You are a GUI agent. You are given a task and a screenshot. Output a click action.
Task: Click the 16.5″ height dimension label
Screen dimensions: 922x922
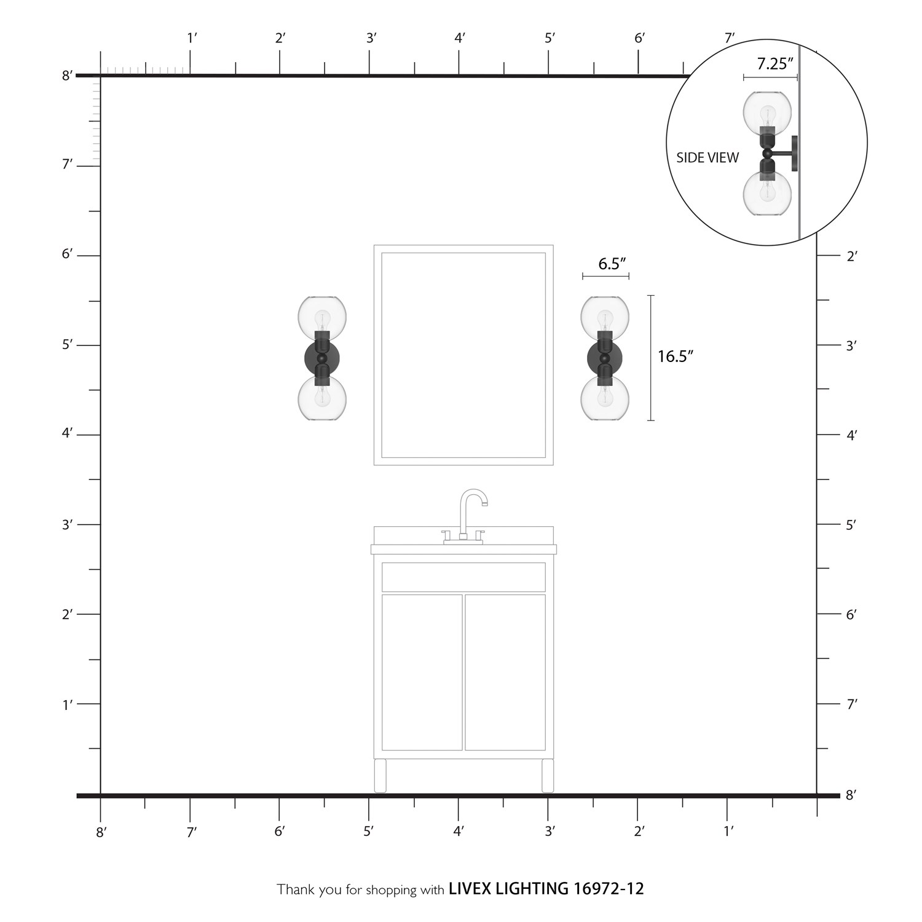pos(676,357)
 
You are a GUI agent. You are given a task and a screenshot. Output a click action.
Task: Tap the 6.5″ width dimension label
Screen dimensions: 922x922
pos(612,264)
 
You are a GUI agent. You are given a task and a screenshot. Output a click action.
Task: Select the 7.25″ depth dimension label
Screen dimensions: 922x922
pos(775,63)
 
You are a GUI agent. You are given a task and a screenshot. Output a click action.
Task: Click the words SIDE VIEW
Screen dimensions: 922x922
pos(707,158)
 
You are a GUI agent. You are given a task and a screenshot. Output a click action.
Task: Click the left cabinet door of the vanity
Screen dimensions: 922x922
pos(422,672)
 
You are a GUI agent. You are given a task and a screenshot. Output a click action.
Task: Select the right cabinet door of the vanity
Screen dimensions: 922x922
pos(505,672)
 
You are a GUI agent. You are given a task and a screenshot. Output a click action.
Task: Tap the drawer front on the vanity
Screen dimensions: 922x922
pos(463,577)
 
